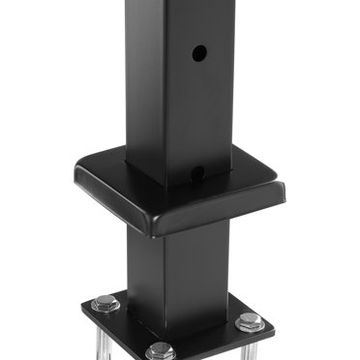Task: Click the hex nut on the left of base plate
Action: (105, 303)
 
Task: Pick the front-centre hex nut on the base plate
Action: (162, 350)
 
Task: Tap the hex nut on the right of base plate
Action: (250, 320)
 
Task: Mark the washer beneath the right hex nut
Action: (250, 328)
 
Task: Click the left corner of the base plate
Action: (84, 308)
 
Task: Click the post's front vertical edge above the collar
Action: (164, 97)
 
